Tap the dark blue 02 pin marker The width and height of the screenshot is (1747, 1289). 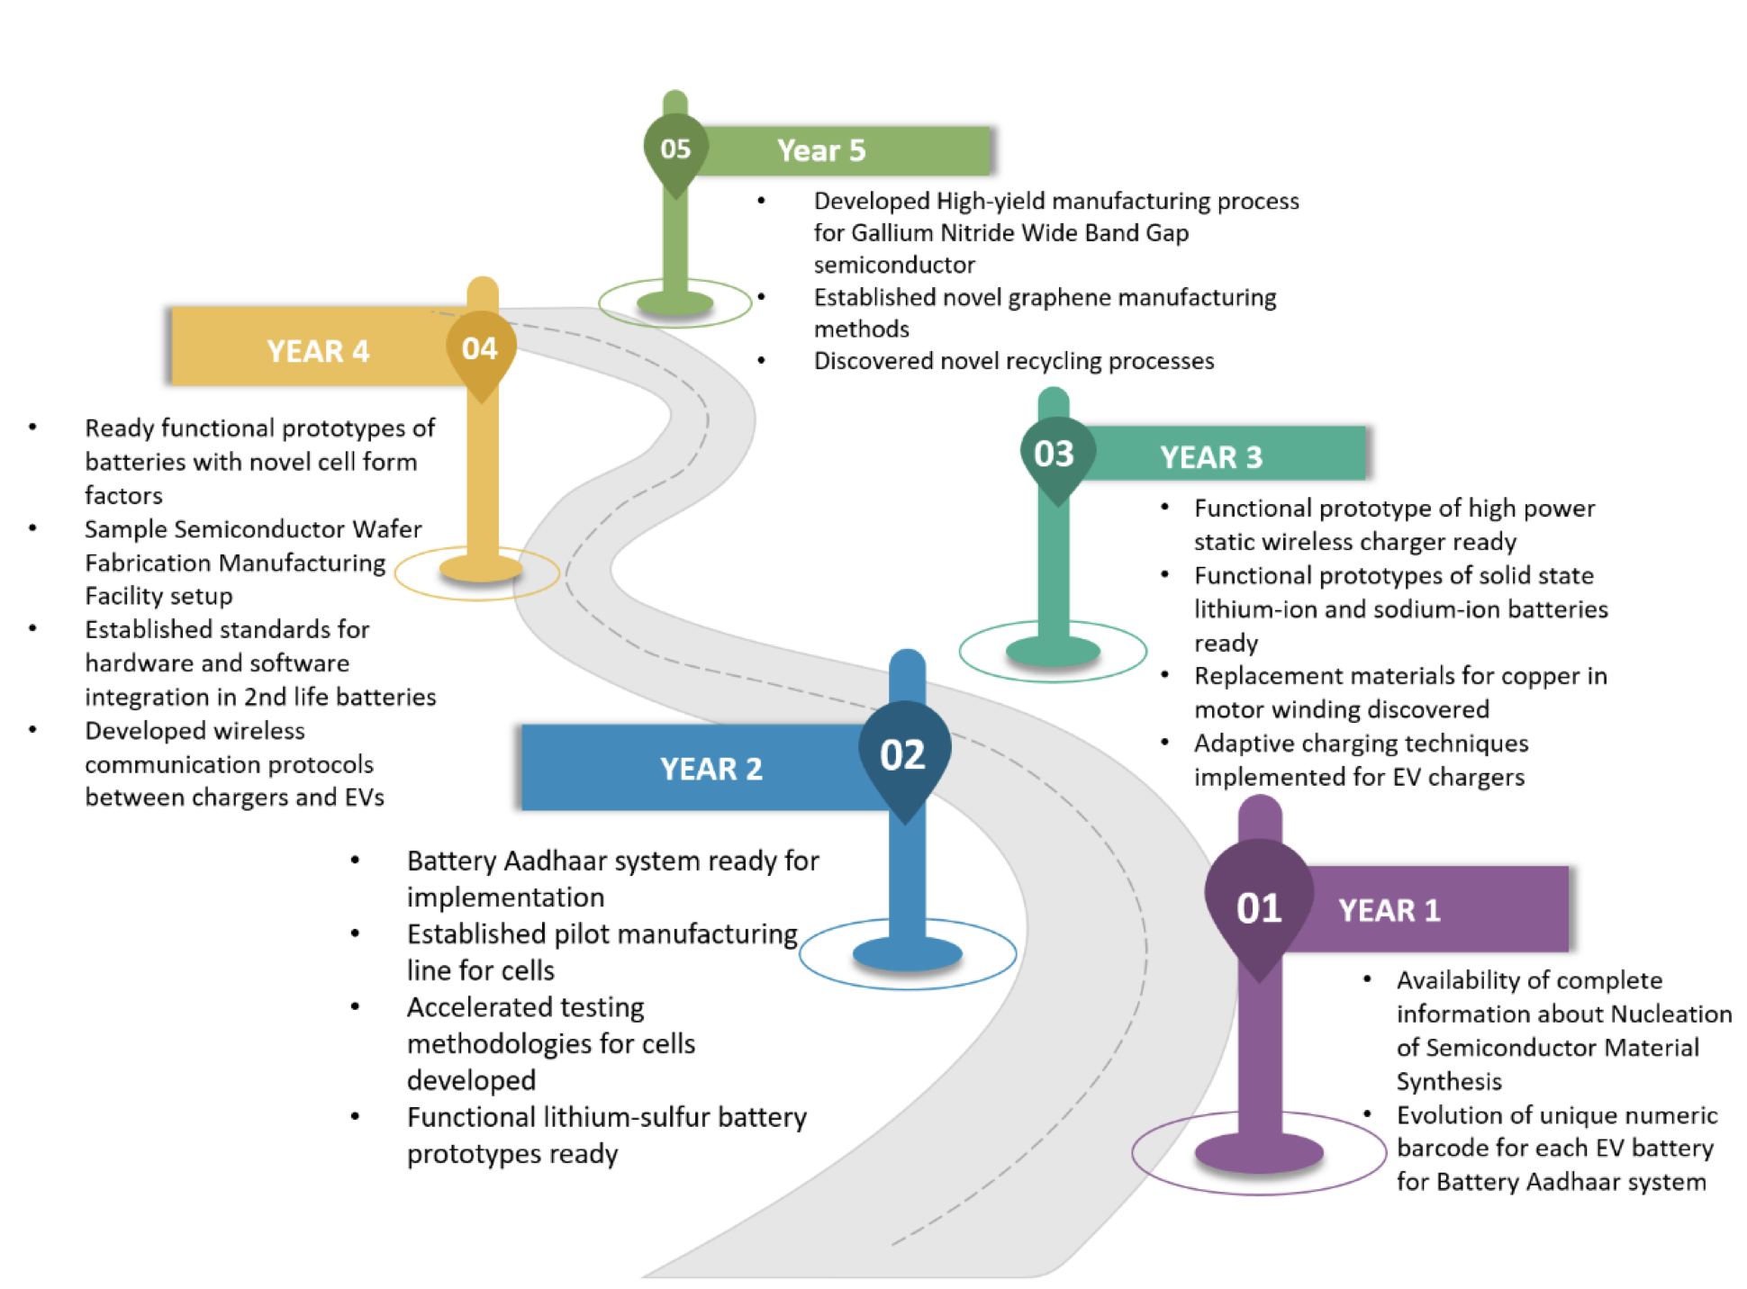(x=903, y=754)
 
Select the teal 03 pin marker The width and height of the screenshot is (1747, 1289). (x=1055, y=455)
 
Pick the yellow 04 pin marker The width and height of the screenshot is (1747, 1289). (x=480, y=349)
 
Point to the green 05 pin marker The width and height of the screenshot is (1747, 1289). (x=675, y=149)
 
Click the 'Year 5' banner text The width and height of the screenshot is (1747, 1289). (x=821, y=150)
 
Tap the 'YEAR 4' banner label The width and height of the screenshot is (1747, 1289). (x=318, y=351)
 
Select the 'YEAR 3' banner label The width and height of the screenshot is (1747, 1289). (x=1211, y=457)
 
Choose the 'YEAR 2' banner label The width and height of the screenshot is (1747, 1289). (x=711, y=769)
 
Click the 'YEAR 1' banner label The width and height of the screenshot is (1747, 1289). (x=1389, y=910)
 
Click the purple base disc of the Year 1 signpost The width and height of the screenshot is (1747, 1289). (x=1259, y=1153)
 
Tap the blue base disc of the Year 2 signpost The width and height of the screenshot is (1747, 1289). (x=907, y=954)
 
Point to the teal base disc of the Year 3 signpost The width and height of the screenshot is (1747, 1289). (x=1053, y=650)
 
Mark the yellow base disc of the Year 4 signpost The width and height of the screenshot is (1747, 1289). (x=481, y=569)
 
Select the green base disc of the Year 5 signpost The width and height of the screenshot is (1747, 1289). (x=675, y=303)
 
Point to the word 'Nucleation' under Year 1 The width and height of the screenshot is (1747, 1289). (x=1670, y=1014)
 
